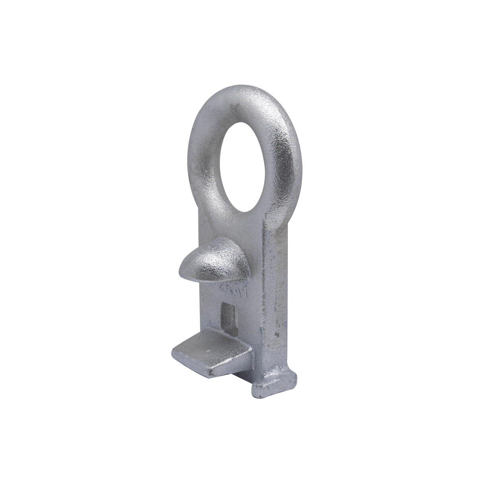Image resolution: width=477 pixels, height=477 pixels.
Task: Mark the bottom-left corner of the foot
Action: click(x=254, y=394)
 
